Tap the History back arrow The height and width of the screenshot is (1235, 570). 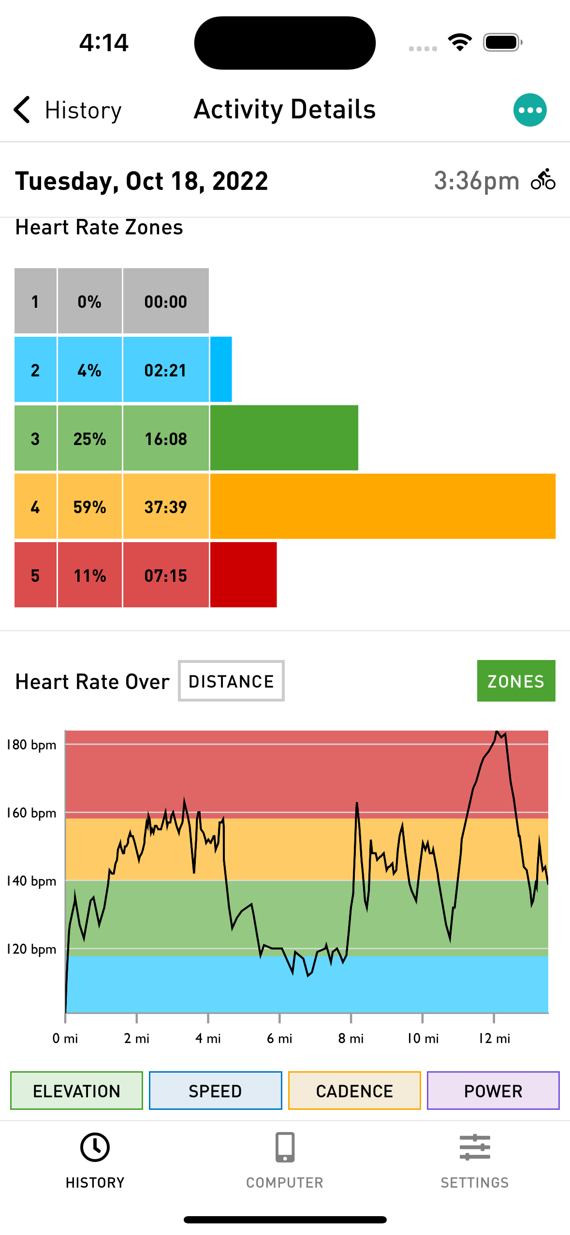tap(22, 110)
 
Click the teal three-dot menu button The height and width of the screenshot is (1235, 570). tap(530, 110)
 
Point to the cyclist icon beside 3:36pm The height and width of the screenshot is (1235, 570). tap(543, 180)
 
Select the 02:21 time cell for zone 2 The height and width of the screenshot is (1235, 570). tap(166, 370)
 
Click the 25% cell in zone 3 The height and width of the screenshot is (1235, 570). tap(89, 438)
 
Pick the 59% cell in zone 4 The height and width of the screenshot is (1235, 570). tap(89, 507)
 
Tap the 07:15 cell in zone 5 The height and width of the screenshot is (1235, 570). tap(166, 575)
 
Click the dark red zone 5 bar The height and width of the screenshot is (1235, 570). tap(243, 575)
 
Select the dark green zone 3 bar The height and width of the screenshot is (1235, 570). tap(284, 438)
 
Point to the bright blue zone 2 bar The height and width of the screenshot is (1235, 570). tap(221, 370)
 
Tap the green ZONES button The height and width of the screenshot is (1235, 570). tap(516, 681)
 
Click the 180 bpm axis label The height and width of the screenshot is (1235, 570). tap(31, 745)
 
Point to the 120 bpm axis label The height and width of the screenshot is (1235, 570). tap(31, 949)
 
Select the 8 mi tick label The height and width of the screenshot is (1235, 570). tap(351, 1038)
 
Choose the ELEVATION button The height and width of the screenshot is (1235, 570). tap(76, 1091)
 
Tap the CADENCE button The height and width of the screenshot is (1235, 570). tap(354, 1091)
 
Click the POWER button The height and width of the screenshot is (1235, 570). tap(493, 1091)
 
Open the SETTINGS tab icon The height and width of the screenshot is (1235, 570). tap(475, 1147)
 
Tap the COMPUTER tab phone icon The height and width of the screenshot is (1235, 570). tap(285, 1147)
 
